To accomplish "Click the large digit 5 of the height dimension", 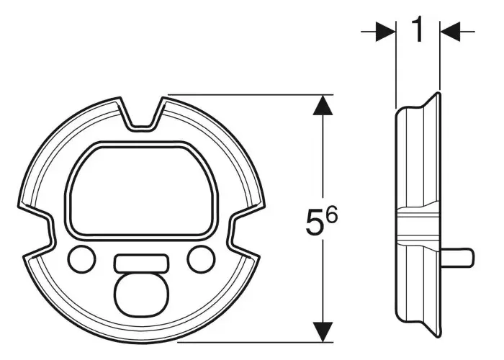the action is point(315,221).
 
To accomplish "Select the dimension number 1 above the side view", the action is point(417,30).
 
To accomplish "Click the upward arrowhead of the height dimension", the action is point(323,105).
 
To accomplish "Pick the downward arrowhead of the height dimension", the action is point(323,332).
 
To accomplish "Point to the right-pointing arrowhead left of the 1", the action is point(386,32).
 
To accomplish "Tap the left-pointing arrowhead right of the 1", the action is point(450,32).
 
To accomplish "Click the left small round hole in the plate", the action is point(81,259).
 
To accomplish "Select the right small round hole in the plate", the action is point(202,259).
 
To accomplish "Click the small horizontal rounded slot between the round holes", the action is point(141,262).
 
